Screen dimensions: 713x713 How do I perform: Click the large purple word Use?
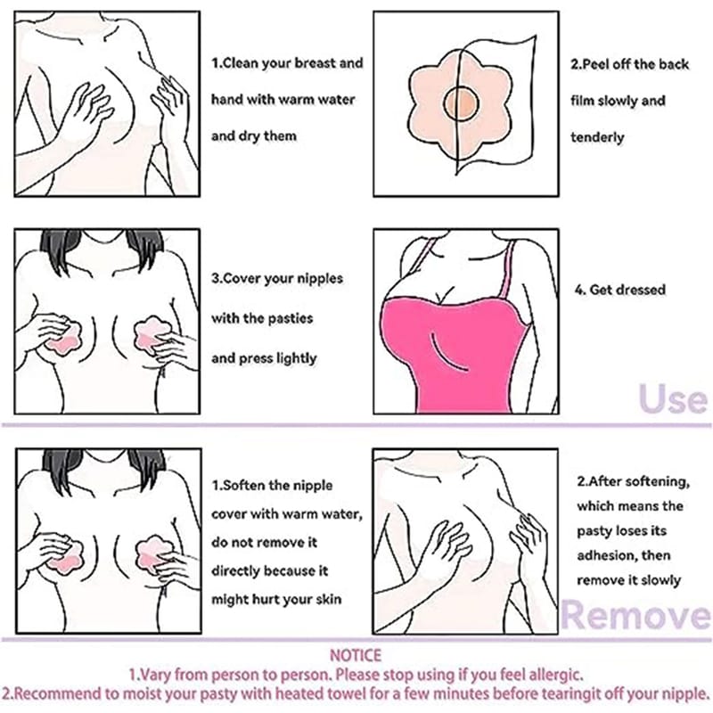click(x=673, y=398)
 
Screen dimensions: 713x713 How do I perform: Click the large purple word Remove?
click(x=635, y=615)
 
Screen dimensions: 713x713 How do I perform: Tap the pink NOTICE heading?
click(x=356, y=655)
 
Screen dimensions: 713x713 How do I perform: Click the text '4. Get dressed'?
click(x=620, y=290)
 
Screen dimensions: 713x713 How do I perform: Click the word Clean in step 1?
click(x=241, y=62)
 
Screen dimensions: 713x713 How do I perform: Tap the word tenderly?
click(x=597, y=137)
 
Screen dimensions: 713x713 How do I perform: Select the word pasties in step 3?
click(x=291, y=318)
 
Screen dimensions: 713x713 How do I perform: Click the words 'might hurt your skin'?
click(x=276, y=599)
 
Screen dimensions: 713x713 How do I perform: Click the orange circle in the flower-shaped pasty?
click(x=460, y=102)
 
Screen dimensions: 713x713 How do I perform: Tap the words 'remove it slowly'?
click(x=629, y=580)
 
